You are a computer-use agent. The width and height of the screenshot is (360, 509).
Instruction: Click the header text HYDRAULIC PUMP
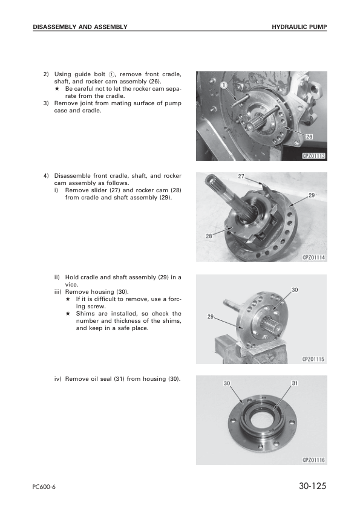pos(299,27)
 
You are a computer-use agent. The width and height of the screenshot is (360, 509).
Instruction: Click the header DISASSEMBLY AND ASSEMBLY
pos(80,27)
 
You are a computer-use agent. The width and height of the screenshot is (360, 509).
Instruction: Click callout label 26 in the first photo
pos(309,137)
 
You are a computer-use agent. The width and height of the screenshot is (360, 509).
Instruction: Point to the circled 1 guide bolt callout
pos(224,85)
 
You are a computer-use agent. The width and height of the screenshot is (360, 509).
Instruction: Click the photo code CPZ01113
pos(313,156)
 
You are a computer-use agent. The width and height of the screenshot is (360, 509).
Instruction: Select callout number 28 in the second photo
pos(210,236)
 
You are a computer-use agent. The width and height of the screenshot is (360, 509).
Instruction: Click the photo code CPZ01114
pos(313,258)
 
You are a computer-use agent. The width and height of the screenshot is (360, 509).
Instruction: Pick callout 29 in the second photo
pos(311,195)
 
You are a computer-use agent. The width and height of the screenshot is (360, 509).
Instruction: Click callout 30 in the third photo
pos(295,290)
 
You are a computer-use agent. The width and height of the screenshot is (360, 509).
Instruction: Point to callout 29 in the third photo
pos(211,317)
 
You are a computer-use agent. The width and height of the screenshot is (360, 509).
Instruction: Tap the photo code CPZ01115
pos(313,359)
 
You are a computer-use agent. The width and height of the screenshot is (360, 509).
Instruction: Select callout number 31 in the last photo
pos(295,383)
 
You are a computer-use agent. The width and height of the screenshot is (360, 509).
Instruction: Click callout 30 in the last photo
pos(227,383)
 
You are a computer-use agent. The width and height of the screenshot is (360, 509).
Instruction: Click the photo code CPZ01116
pos(313,460)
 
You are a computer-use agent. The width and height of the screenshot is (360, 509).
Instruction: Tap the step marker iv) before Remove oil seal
pos(59,379)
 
